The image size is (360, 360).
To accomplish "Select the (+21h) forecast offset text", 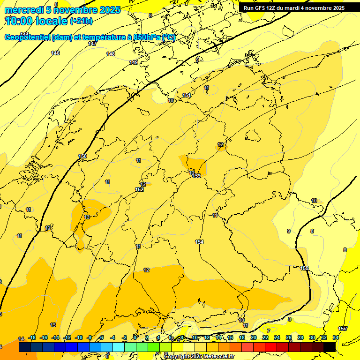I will [x=81, y=21].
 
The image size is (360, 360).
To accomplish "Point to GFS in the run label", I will [x=260, y=8].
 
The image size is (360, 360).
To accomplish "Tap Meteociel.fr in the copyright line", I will [x=218, y=356].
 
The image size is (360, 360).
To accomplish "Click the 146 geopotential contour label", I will [x=56, y=53].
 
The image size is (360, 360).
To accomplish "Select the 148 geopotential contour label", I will [x=111, y=54].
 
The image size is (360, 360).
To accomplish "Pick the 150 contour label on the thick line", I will [x=82, y=156].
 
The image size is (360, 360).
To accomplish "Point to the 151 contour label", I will [x=187, y=95].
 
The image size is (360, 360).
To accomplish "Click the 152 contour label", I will [x=139, y=189].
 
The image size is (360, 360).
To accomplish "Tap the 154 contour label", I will [x=199, y=241].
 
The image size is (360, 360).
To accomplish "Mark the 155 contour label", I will [x=305, y=268].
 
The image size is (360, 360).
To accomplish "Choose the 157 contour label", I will [x=343, y=329].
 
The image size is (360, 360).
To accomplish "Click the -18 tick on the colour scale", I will [x=32, y=337].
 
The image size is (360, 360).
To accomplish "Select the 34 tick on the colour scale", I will [x=336, y=337].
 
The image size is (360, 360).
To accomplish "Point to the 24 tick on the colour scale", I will [x=277, y=337].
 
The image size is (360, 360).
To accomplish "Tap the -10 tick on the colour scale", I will [x=79, y=337].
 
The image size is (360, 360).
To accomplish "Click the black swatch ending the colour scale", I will [x=330, y=347].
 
